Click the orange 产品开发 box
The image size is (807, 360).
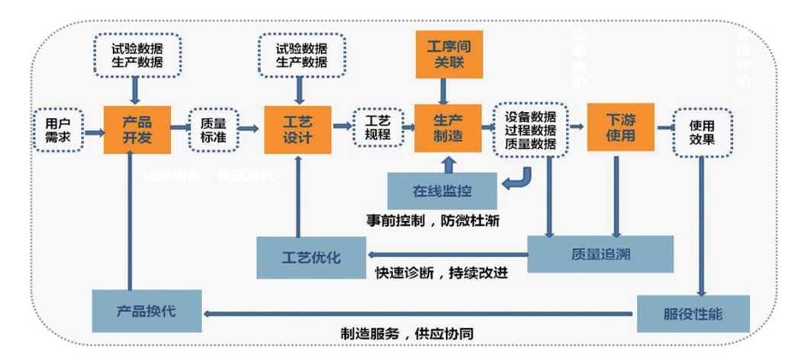tap(137, 129)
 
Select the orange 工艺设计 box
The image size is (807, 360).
tap(298, 129)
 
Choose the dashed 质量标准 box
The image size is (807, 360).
tap(214, 129)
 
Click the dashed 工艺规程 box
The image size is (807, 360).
tap(378, 129)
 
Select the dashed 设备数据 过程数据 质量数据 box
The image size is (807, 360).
tap(530, 129)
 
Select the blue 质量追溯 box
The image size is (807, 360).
tap(601, 254)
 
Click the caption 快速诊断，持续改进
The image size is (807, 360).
tap(442, 272)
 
